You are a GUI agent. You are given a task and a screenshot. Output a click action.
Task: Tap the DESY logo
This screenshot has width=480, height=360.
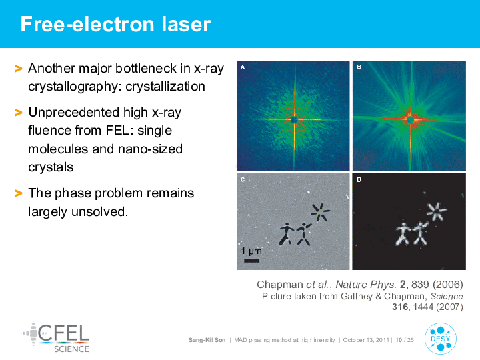tap(441, 339)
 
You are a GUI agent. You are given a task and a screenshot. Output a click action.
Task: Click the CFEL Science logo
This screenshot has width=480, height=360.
tap(55, 337)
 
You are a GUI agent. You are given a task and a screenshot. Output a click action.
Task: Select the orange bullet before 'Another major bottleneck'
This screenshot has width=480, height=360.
tap(19, 69)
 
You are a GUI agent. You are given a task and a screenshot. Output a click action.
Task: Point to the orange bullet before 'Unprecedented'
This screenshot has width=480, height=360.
tap(19, 113)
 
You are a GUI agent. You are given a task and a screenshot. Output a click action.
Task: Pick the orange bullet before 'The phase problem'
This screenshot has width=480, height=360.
tap(19, 193)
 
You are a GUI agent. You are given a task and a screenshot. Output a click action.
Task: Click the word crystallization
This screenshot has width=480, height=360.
tap(165, 87)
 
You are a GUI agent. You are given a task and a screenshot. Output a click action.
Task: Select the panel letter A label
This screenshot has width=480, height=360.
tap(243, 67)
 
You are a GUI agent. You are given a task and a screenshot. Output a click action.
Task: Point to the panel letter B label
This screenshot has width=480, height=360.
tap(359, 67)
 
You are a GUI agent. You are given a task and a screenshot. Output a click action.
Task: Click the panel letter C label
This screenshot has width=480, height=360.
tap(243, 180)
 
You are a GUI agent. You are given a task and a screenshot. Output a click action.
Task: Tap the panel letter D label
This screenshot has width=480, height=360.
tap(359, 180)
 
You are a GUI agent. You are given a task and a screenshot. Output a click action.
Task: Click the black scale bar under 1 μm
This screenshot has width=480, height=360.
tap(251, 261)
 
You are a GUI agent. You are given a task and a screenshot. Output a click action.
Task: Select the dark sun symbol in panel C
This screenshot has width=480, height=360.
tap(320, 212)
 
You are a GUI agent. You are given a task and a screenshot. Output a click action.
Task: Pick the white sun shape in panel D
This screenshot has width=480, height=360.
tap(437, 211)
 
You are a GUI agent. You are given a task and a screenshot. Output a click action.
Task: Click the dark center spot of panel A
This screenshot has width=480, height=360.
tap(294, 119)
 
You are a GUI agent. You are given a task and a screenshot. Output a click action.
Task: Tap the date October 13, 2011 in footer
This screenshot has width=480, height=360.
tap(366, 340)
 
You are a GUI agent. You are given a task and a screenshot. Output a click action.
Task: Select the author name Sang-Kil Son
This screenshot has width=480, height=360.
tap(207, 340)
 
